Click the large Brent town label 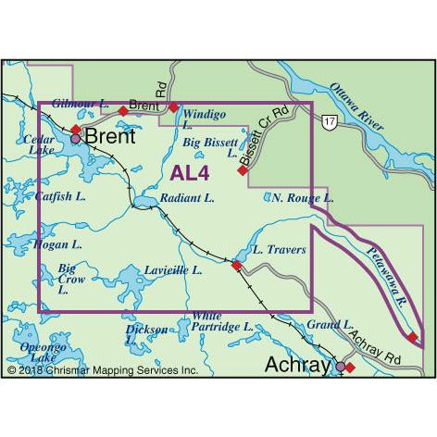pyautogui.click(x=109, y=137)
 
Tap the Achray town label pyautogui.click(x=296, y=365)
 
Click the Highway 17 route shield pyautogui.click(x=330, y=122)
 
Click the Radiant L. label pyautogui.click(x=187, y=198)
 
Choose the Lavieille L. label pyautogui.click(x=173, y=270)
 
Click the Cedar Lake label pyautogui.click(x=42, y=145)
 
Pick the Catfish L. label pyautogui.click(x=58, y=196)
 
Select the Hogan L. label pyautogui.click(x=56, y=245)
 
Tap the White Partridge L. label pyautogui.click(x=221, y=321)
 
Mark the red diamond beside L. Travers pyautogui.click(x=236, y=266)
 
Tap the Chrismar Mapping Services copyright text pyautogui.click(x=103, y=370)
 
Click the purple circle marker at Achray pyautogui.click(x=340, y=367)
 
